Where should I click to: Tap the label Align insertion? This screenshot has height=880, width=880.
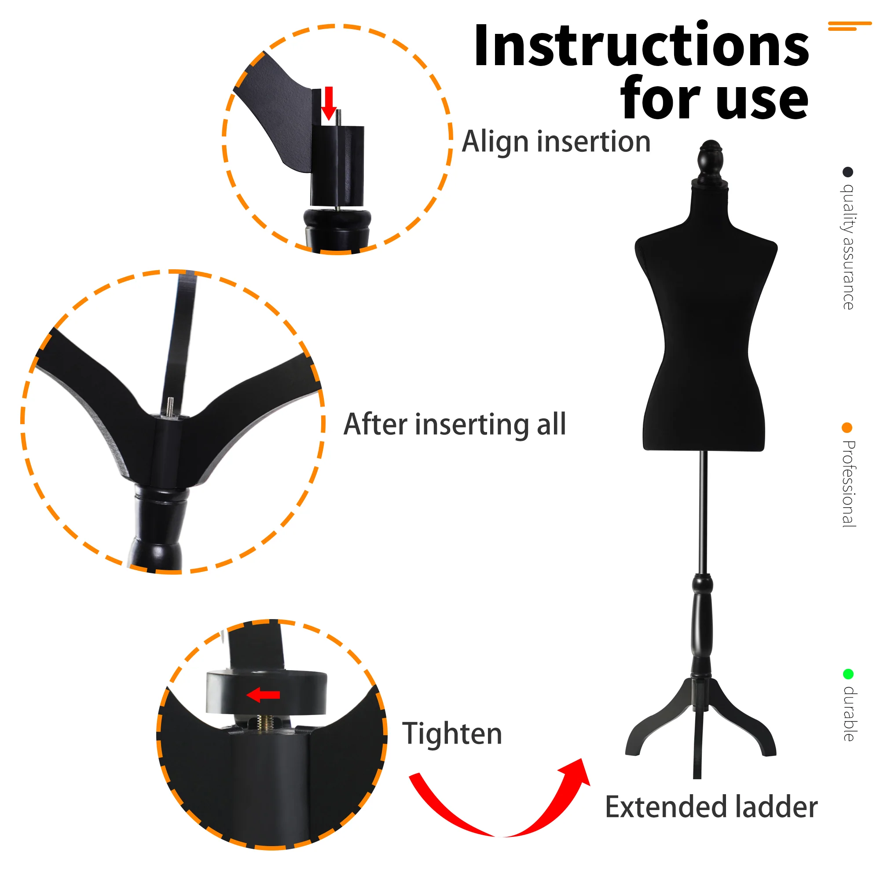[556, 142]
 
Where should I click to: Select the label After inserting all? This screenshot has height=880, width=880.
[455, 425]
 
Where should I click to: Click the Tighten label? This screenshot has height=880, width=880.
[452, 734]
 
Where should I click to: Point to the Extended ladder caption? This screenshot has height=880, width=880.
[711, 807]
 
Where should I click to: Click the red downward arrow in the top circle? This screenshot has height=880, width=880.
[329, 103]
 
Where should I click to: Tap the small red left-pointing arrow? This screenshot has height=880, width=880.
[263, 695]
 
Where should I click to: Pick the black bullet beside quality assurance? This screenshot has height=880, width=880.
[848, 172]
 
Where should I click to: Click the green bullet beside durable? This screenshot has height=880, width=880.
[848, 674]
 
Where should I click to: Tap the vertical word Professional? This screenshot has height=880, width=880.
[849, 484]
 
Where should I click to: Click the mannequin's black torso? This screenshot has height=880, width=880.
[706, 319]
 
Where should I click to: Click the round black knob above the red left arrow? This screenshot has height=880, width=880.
[267, 691]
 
